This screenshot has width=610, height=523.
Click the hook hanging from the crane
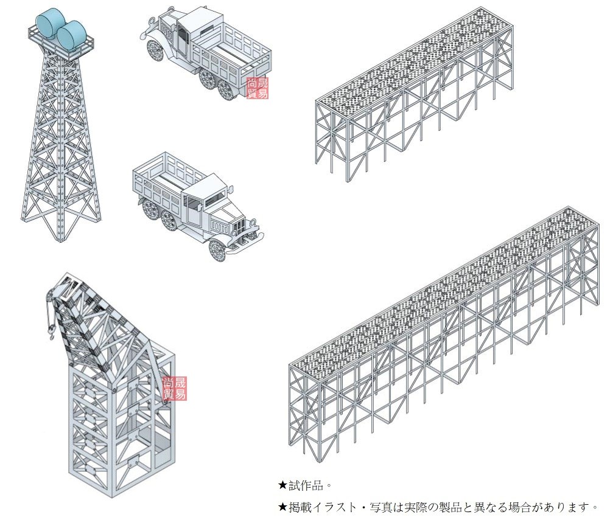51,331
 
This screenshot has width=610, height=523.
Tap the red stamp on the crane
175,388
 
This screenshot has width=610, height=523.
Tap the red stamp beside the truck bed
257,88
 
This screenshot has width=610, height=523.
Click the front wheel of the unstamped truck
219,249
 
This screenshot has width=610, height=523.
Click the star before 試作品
282,485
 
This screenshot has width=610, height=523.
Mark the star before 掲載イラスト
282,507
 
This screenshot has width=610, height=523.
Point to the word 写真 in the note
382,507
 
